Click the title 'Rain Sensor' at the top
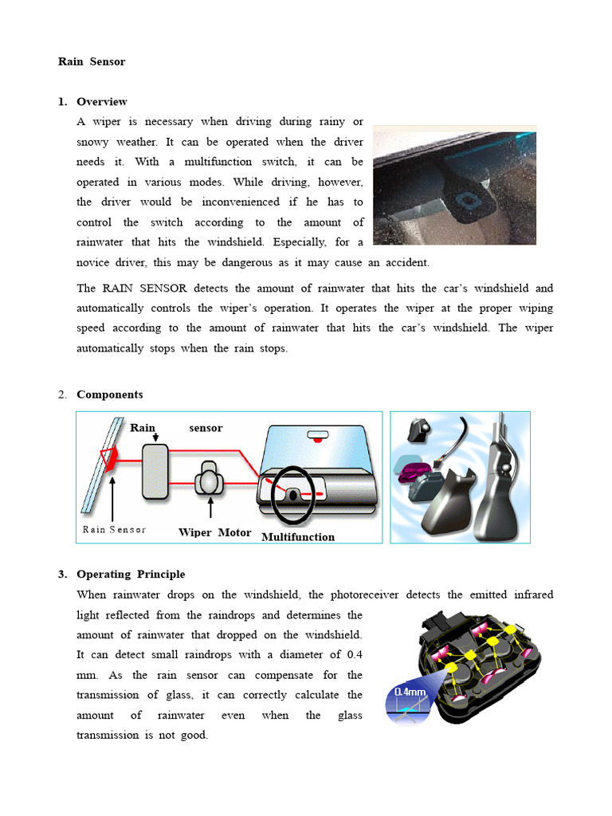(92, 61)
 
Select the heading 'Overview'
(101, 102)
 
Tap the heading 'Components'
(109, 394)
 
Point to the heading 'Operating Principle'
(131, 575)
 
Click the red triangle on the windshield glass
(107, 457)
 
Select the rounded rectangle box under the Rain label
(155, 472)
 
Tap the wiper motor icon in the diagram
(210, 479)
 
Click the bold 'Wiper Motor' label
(214, 532)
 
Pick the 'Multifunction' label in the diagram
(298, 537)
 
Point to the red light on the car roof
(318, 438)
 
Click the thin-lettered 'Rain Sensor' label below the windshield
(114, 530)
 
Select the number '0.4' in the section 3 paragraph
(355, 655)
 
